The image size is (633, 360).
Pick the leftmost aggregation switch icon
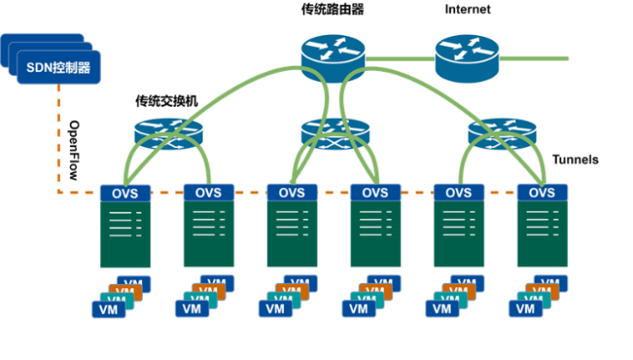pos(169,133)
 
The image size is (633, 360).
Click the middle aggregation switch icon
pos(335,133)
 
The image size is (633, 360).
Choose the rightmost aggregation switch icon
pos(502,133)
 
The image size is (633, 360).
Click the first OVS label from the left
pos(125,192)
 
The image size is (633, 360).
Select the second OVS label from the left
pos(208,192)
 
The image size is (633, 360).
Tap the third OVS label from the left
pos(292,192)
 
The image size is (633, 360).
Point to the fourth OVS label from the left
pos(375,192)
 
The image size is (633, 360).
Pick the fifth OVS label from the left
pos(458,192)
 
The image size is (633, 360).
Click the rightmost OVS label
pos(541,192)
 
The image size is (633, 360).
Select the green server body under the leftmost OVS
pos(125,234)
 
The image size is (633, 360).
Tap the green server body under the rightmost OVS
pos(541,234)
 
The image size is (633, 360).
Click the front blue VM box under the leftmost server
pos(108,309)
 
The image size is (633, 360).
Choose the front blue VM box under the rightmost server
pos(526,309)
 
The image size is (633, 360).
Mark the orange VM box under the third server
pos(292,292)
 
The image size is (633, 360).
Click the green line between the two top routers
pos(399,58)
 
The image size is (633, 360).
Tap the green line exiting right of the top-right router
pos(535,58)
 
